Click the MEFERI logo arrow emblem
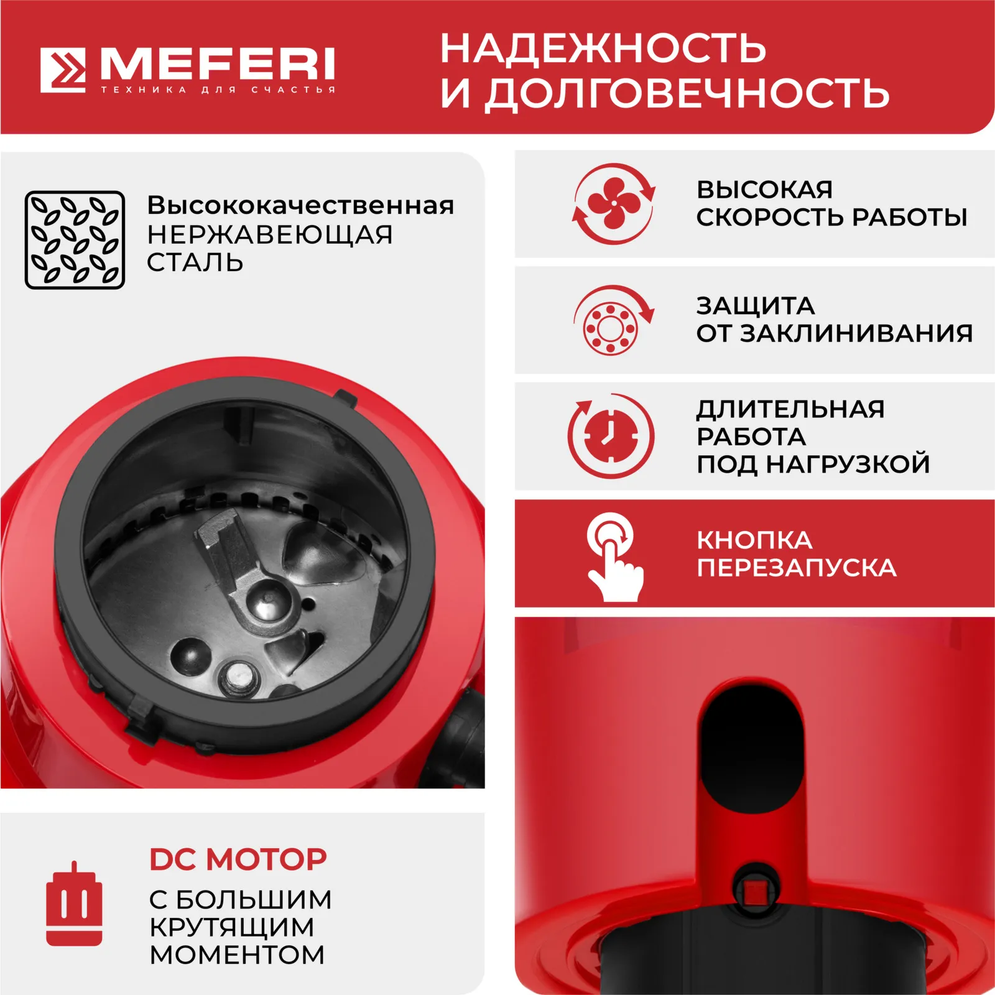coord(63,70)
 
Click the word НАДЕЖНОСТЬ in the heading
coord(603,48)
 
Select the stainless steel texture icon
coord(75,240)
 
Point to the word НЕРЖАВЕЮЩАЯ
coord(270,234)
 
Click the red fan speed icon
coord(614,203)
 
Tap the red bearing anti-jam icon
coord(613,321)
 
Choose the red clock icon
coord(611,435)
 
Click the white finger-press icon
coord(614,557)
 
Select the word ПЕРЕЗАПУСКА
coord(797,568)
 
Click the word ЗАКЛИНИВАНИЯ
coord(856,333)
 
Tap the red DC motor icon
coord(74,904)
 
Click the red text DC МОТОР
coord(238,859)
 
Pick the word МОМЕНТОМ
coord(237,955)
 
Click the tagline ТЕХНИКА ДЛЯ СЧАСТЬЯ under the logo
coord(218,90)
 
